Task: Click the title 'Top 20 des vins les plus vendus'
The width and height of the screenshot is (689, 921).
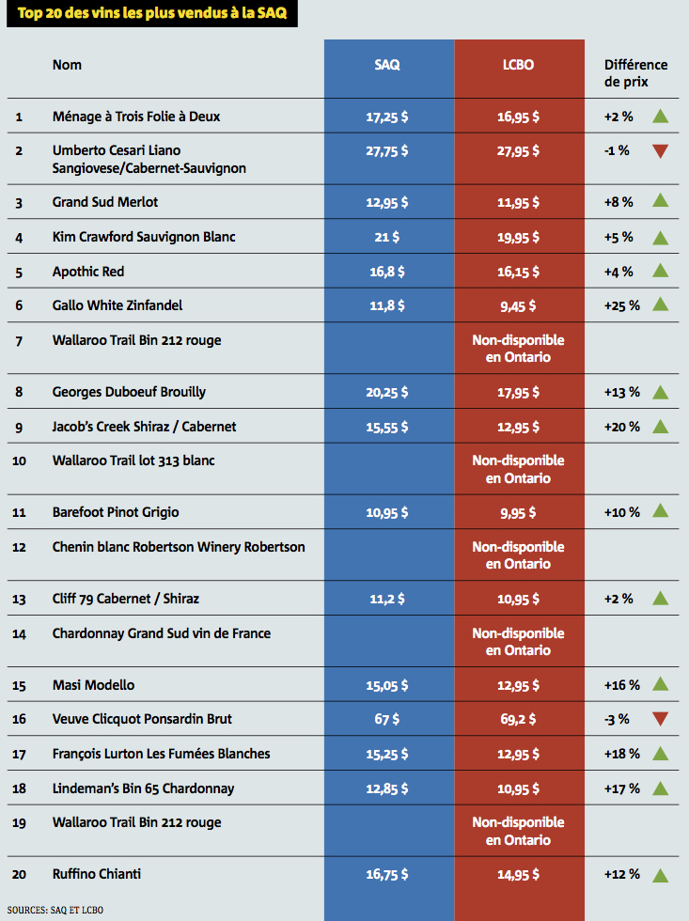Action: pyautogui.click(x=150, y=14)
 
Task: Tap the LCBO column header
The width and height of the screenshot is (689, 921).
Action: pyautogui.click(x=518, y=65)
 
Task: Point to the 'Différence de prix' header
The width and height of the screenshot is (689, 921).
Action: pyautogui.click(x=635, y=73)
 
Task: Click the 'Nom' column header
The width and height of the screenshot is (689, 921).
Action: pyautogui.click(x=67, y=65)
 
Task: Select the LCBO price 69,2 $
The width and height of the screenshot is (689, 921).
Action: pyautogui.click(x=518, y=719)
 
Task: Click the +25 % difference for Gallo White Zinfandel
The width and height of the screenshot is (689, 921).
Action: pyautogui.click(x=621, y=305)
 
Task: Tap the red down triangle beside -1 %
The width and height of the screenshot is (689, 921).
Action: pyautogui.click(x=660, y=150)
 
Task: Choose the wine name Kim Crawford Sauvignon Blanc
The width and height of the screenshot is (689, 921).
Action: pyautogui.click(x=144, y=237)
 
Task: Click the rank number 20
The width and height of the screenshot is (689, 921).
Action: pyautogui.click(x=20, y=875)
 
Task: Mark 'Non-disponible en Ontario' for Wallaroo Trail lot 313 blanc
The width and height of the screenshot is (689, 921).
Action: pyautogui.click(x=518, y=469)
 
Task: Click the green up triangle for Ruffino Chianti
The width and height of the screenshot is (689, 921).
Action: pyautogui.click(x=660, y=875)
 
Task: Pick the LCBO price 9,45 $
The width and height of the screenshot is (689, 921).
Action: pyautogui.click(x=518, y=305)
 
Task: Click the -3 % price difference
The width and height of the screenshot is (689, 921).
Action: pyautogui.click(x=618, y=719)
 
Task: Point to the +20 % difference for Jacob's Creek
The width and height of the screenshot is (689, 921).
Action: pyautogui.click(x=621, y=427)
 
